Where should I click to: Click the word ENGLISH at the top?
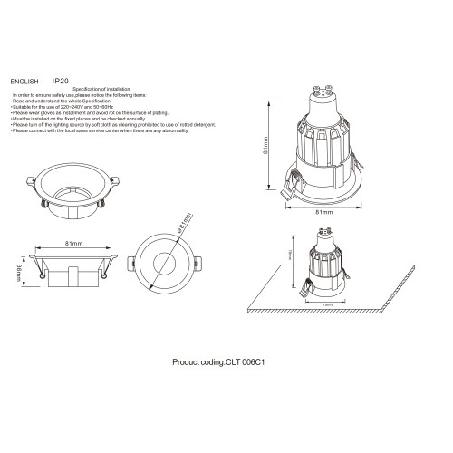coord(24,81)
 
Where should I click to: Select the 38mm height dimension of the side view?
coord(21,270)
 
